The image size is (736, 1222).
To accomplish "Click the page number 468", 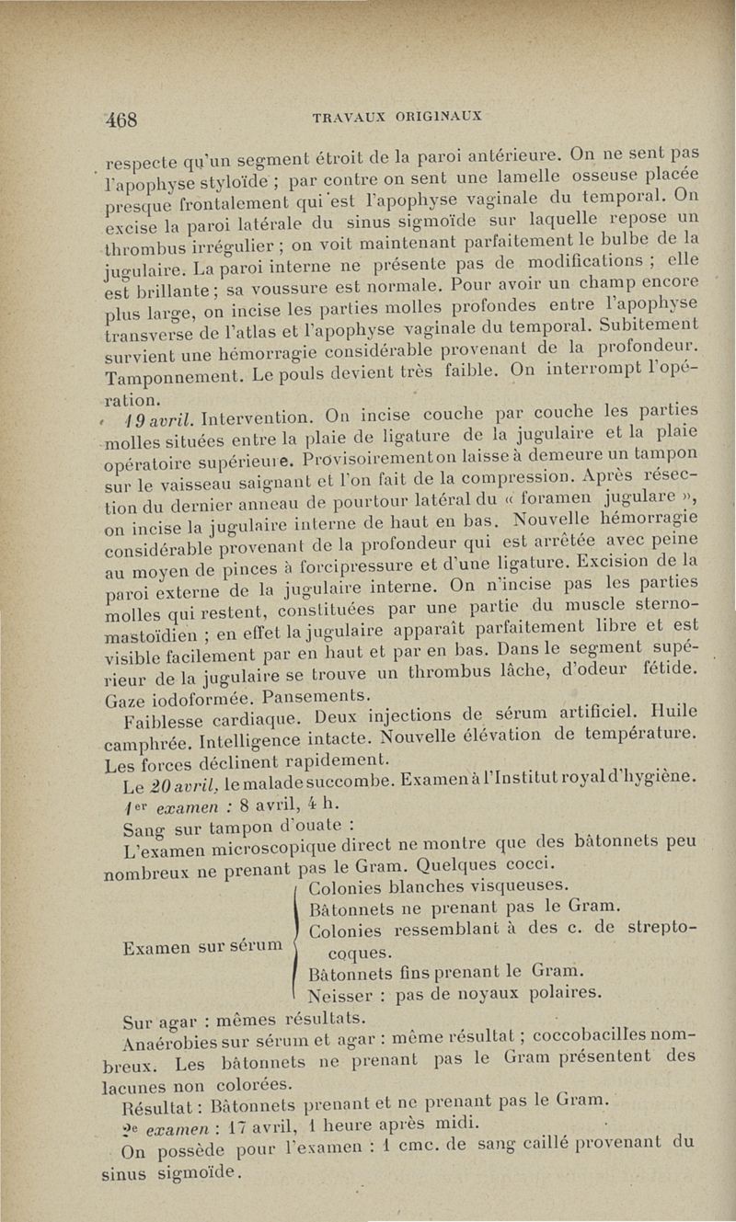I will coord(121,119).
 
